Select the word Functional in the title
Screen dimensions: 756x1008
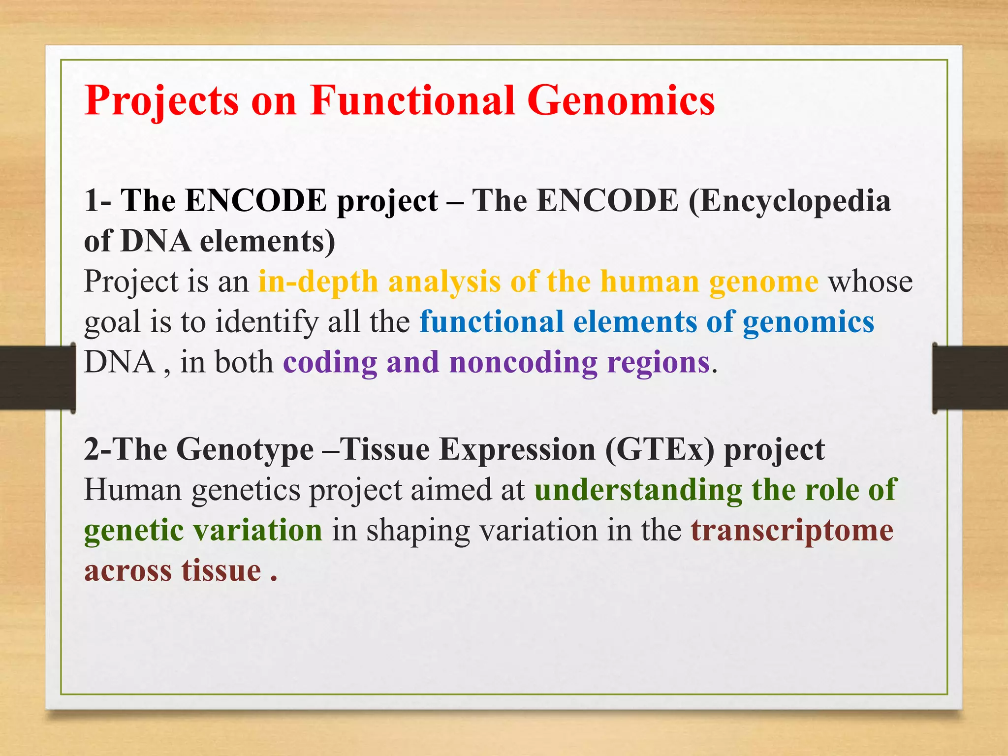(412, 100)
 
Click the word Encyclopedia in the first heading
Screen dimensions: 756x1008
(789, 202)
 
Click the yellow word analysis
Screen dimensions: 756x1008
(444, 282)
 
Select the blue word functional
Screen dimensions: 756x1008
(491, 322)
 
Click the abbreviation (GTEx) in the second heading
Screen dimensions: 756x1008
(660, 450)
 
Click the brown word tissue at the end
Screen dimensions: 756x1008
(221, 571)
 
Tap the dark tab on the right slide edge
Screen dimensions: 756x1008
(970, 378)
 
